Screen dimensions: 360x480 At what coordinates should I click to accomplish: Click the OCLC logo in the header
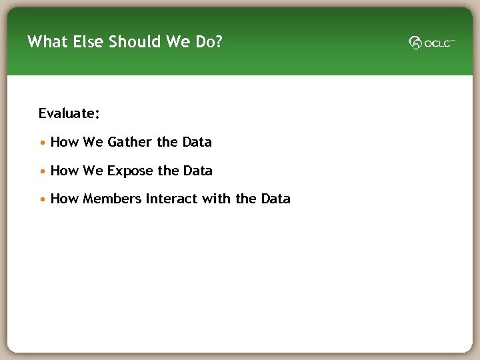click(432, 43)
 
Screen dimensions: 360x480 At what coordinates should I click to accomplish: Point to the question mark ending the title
click(219, 42)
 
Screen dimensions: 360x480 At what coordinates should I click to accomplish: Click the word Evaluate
click(69, 114)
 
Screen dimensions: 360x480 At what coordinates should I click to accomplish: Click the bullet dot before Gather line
click(43, 143)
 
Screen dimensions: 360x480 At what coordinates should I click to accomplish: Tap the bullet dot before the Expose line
click(43, 171)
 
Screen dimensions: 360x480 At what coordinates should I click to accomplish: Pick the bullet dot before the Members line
click(43, 199)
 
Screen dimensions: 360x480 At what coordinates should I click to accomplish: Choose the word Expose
click(130, 171)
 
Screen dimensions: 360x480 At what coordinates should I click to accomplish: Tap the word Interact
click(171, 199)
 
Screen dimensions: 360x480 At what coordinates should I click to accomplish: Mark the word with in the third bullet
click(215, 199)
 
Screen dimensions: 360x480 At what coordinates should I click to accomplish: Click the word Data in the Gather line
click(197, 142)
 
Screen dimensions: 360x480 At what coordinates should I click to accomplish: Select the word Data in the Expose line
click(197, 171)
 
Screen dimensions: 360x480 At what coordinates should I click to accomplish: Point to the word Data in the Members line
click(275, 199)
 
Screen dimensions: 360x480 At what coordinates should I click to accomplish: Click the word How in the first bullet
click(64, 142)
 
